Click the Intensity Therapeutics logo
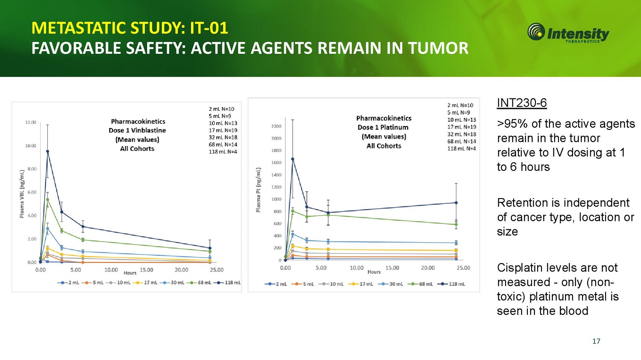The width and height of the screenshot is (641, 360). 568,33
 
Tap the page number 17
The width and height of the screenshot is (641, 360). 596,341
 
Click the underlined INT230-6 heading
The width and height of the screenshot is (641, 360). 522,103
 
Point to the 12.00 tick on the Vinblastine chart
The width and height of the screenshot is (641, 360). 31,123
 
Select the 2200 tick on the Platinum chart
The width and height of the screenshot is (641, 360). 276,126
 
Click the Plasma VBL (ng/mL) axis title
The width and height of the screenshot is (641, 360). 22,194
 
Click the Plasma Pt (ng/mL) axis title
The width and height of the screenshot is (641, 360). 259,190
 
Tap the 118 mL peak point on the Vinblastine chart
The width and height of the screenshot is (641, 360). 47,151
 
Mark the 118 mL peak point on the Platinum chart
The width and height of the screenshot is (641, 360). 293,159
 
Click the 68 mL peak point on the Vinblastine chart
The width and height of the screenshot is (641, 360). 47,199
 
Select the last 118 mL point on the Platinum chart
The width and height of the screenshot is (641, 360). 456,203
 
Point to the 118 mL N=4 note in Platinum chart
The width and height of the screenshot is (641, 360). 462,149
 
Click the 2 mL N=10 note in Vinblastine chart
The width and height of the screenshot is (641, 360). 221,109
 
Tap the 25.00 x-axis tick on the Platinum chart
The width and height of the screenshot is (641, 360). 463,268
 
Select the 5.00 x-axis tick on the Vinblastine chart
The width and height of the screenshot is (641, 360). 76,270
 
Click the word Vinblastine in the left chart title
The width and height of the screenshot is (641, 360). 148,130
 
